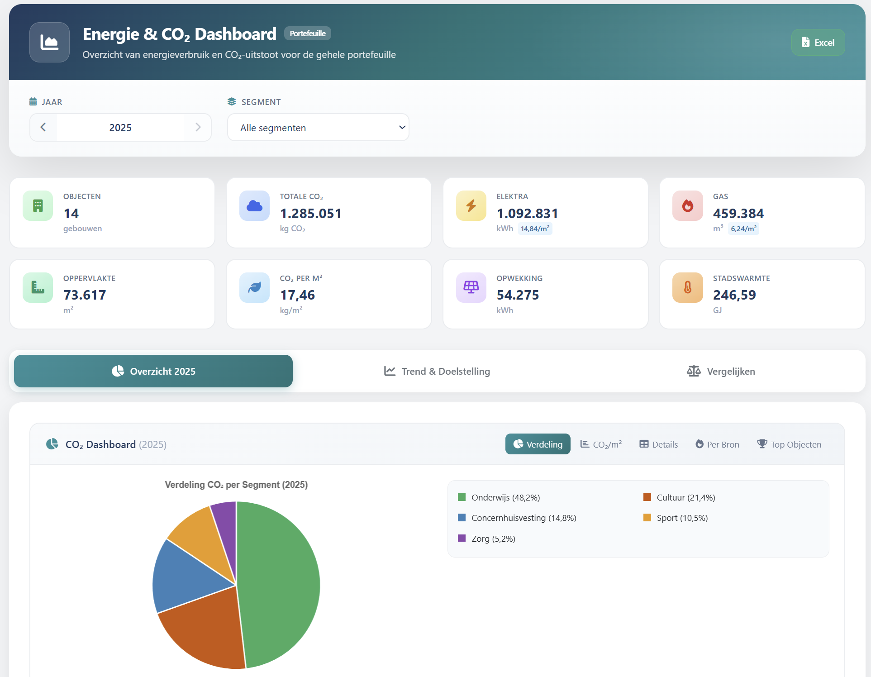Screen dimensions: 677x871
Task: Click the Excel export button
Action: (x=818, y=43)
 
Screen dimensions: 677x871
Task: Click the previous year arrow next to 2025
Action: (x=43, y=127)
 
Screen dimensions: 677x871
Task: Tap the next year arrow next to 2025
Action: (x=198, y=127)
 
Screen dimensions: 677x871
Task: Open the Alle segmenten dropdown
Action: (x=318, y=128)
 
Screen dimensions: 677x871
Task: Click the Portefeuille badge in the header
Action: (x=308, y=33)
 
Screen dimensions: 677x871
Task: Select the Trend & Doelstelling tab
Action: (x=437, y=371)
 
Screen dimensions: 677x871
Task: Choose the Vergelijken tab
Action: (x=721, y=371)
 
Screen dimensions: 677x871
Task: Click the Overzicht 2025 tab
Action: (x=153, y=371)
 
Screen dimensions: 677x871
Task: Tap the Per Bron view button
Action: (x=717, y=444)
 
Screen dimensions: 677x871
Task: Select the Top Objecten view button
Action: (x=789, y=444)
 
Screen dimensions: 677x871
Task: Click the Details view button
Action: (x=658, y=444)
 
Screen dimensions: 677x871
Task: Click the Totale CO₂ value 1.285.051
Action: (x=311, y=214)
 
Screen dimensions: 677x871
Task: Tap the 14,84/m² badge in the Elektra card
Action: (x=535, y=229)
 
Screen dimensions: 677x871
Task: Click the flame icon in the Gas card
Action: (x=687, y=206)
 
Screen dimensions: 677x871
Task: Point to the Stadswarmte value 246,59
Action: (x=734, y=295)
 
